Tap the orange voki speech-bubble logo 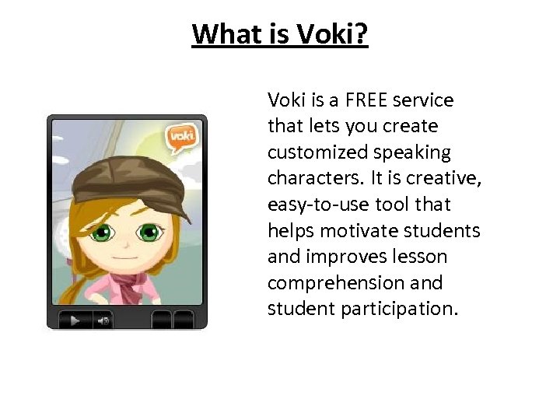(181, 138)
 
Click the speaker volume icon (102, 319)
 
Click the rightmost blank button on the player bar (184, 319)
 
